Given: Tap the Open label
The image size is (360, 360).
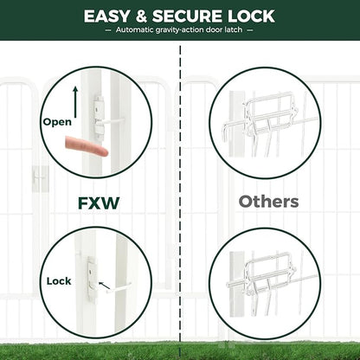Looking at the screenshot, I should pyautogui.click(x=57, y=122).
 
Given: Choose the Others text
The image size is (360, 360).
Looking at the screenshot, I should pyautogui.click(x=269, y=202).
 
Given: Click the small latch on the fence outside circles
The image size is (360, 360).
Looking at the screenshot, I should pyautogui.click(x=39, y=177).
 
